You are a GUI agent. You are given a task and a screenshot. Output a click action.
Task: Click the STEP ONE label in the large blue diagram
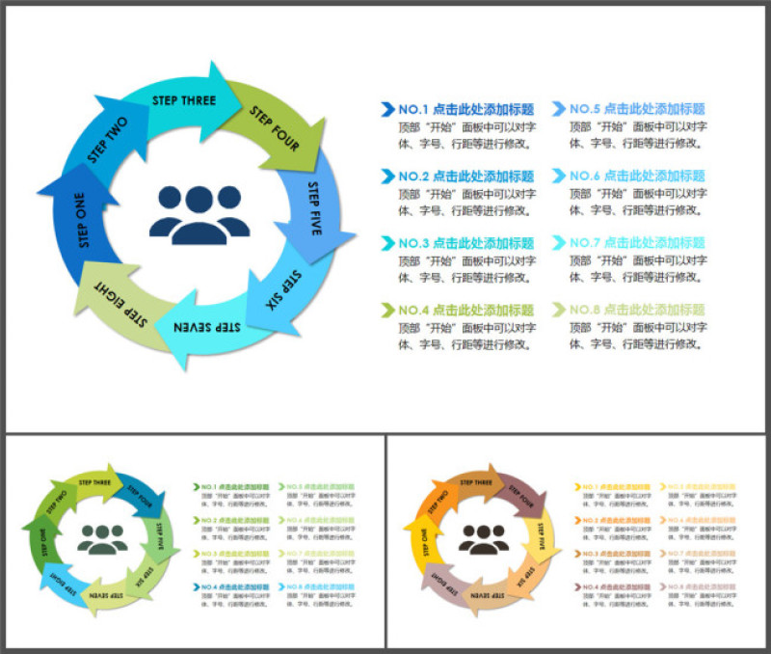(81, 223)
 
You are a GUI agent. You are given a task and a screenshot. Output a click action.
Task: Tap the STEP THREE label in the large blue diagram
(184, 100)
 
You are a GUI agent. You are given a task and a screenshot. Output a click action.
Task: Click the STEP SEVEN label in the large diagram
(206, 328)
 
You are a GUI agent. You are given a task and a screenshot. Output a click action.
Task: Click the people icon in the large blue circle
(199, 213)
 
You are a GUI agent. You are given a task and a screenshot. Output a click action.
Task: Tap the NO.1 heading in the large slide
(465, 109)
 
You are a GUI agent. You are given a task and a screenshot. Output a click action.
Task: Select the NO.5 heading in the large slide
(637, 109)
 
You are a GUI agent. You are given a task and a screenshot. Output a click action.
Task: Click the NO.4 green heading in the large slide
(465, 310)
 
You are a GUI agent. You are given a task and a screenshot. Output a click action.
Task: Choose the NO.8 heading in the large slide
(637, 310)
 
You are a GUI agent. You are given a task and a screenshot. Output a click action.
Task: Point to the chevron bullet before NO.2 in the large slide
(387, 176)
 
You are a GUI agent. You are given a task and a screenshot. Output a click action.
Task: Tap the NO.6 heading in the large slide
(637, 176)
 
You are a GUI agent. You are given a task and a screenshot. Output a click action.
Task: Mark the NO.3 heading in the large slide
(465, 243)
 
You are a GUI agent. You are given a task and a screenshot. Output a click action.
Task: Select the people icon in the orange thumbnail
(484, 537)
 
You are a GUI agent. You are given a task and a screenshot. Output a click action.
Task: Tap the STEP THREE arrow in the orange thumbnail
(477, 481)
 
